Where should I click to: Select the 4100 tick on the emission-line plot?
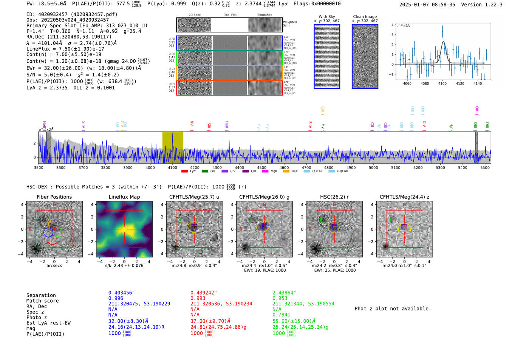[x=442, y=83]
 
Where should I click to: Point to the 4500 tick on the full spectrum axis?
[x=261, y=167]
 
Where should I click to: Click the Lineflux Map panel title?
[x=124, y=197]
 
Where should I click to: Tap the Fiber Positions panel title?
[x=54, y=197]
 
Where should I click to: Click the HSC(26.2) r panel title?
[x=334, y=197]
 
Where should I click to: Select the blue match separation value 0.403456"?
[x=121, y=293]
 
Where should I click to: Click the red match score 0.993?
[x=198, y=298]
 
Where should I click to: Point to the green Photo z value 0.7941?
[x=282, y=314]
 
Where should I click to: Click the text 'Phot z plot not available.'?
[x=393, y=309]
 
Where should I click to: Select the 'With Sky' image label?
[x=326, y=17]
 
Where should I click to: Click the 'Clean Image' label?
[x=365, y=17]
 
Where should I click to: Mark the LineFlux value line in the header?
[x=65, y=49]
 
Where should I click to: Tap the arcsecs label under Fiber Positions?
[x=54, y=266]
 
